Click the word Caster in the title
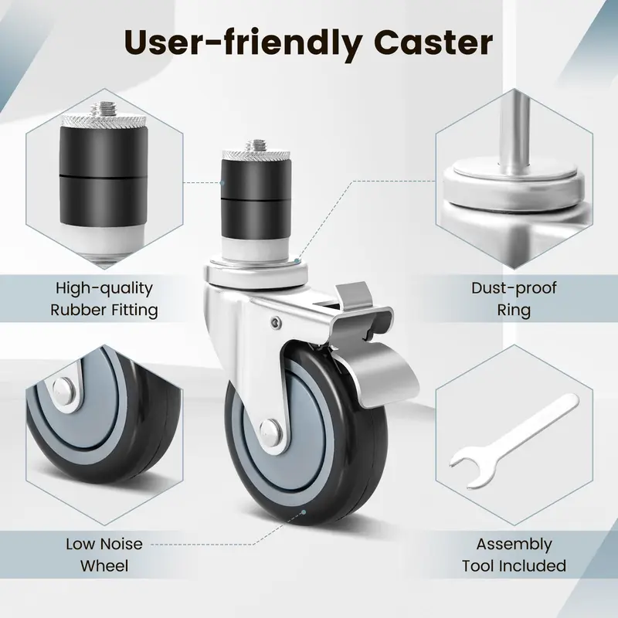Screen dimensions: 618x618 click(433, 42)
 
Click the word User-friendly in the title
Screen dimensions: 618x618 click(243, 43)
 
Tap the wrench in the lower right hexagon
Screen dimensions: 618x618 click(514, 440)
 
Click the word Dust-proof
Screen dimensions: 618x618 click(514, 288)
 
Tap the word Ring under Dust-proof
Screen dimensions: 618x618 click(514, 310)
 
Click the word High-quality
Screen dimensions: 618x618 click(104, 289)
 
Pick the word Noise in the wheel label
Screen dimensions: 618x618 click(121, 545)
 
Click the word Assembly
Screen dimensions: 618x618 click(514, 545)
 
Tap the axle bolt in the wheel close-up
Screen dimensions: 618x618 click(63, 389)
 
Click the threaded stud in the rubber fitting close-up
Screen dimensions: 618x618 click(104, 107)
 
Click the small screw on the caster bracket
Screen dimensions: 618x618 click(277, 323)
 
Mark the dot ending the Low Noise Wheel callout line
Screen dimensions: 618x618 click(304, 512)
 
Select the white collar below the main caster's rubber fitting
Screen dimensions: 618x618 click(256, 248)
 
